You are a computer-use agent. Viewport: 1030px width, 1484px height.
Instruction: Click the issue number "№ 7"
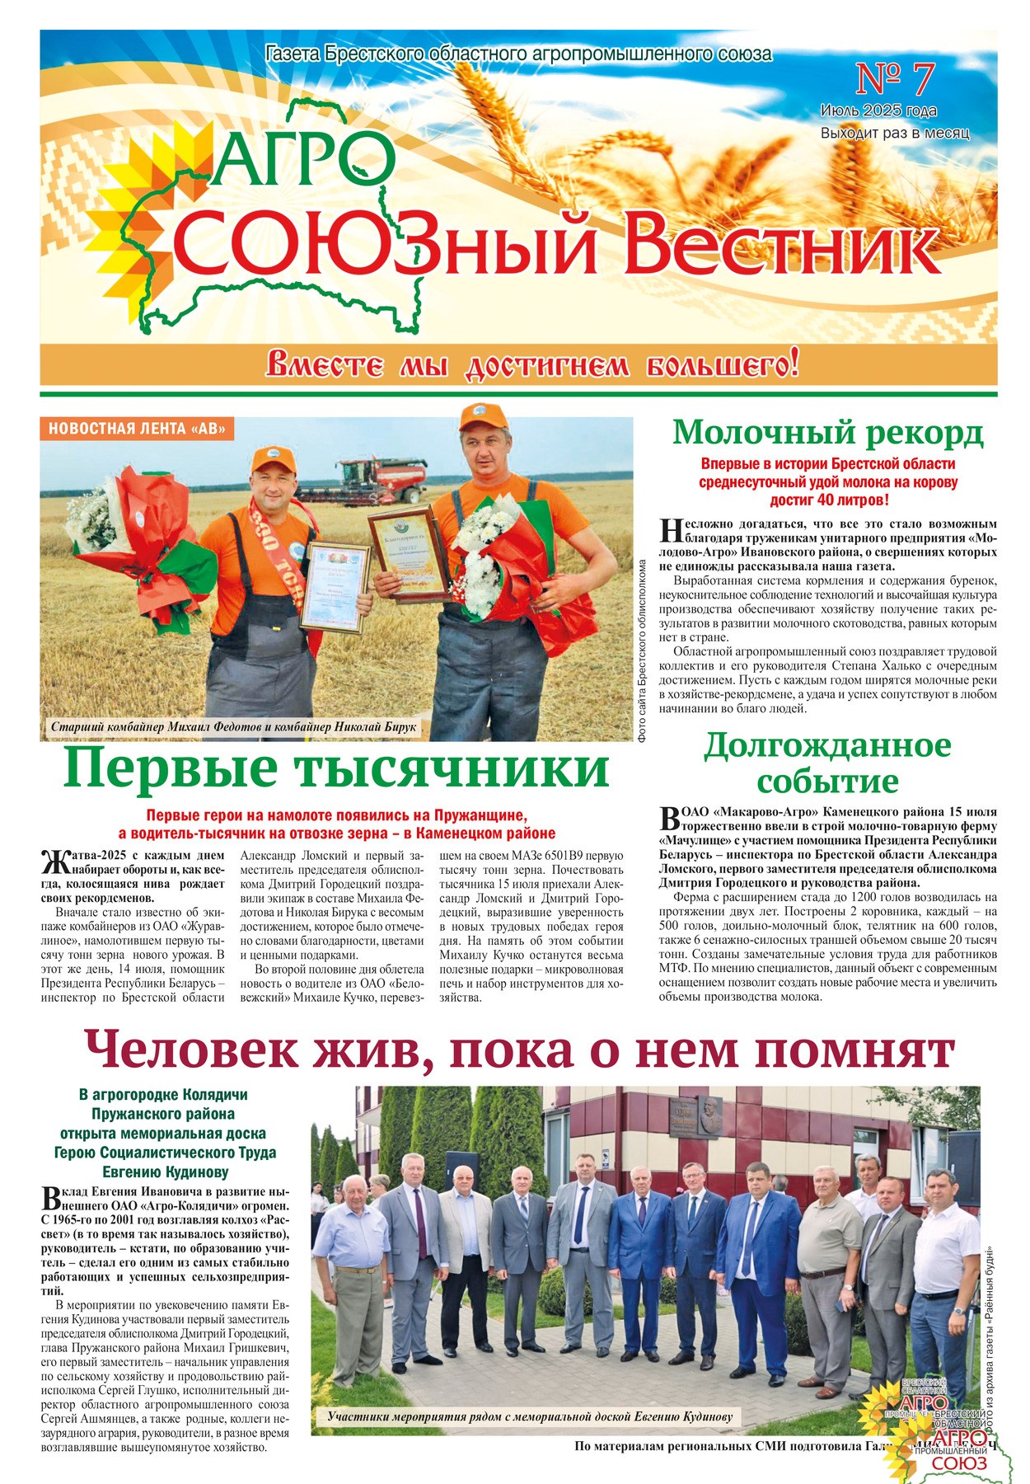[x=895, y=80]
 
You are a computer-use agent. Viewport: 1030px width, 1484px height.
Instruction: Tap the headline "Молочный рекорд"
[x=827, y=432]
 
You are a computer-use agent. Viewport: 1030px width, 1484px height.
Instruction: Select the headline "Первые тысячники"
[x=336, y=769]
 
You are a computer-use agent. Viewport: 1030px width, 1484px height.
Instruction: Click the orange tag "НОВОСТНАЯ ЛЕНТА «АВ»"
[x=136, y=429]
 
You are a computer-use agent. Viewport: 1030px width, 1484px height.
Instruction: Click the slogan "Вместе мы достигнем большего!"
[x=531, y=364]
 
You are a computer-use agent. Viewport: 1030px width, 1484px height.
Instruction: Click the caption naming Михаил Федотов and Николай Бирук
[x=233, y=727]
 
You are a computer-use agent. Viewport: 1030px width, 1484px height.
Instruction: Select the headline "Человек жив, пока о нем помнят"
[x=519, y=1050]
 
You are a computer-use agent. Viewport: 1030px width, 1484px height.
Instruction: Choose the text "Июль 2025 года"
[x=878, y=110]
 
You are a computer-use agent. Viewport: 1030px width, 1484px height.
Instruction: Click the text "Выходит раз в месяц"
[x=894, y=133]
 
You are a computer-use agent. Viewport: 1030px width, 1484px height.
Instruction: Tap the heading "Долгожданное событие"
[x=827, y=763]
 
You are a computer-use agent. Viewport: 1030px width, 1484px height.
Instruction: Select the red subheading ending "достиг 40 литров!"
[x=827, y=481]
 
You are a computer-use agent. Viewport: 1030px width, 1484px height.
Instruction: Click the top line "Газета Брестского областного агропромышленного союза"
[x=519, y=54]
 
